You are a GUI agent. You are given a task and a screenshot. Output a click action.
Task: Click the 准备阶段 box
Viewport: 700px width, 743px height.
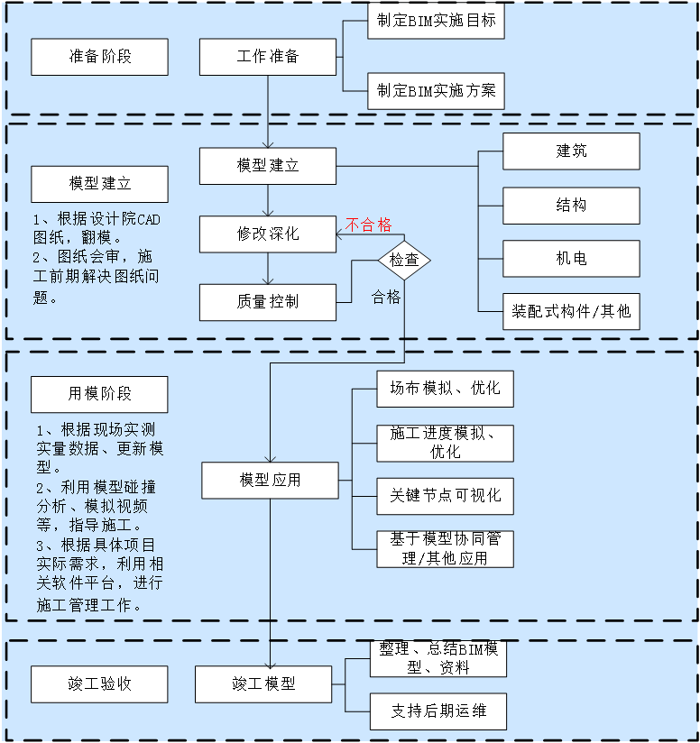(99, 57)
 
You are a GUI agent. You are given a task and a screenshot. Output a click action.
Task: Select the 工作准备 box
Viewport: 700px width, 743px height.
(267, 57)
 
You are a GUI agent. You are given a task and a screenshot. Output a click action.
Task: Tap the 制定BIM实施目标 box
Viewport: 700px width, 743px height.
(436, 20)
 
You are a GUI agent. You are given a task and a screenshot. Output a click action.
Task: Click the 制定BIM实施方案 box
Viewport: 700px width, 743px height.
(436, 90)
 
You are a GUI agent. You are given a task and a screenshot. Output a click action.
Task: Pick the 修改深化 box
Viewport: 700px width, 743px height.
(267, 234)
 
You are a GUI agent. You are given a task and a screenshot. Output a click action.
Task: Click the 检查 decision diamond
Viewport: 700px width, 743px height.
(403, 260)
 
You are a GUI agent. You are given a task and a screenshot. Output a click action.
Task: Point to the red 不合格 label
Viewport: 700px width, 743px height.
(368, 225)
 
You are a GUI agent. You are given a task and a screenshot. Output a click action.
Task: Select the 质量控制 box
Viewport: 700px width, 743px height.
(267, 302)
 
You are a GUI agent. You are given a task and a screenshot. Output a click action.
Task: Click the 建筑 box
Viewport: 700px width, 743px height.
(571, 151)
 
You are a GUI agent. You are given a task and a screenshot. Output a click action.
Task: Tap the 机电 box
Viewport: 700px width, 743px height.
(571, 259)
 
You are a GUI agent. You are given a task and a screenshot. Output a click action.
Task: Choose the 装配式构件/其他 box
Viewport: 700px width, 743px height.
(571, 311)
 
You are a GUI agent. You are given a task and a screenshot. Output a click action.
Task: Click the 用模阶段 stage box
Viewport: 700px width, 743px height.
(99, 394)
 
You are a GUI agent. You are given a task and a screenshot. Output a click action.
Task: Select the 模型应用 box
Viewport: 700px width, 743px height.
(270, 480)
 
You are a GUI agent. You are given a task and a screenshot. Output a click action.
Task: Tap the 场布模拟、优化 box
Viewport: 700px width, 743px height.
(445, 389)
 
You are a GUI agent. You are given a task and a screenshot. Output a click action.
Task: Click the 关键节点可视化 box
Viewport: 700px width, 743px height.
(445, 496)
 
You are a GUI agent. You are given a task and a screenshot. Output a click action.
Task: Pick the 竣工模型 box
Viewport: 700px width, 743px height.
(263, 684)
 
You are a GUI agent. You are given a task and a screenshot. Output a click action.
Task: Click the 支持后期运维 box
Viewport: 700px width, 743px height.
(437, 711)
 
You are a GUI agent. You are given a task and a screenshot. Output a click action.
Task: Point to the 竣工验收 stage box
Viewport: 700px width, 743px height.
(99, 684)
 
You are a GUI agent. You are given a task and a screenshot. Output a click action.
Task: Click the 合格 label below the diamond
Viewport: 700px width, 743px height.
(386, 297)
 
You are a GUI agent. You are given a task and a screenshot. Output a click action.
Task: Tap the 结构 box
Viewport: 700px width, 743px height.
(571, 206)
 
